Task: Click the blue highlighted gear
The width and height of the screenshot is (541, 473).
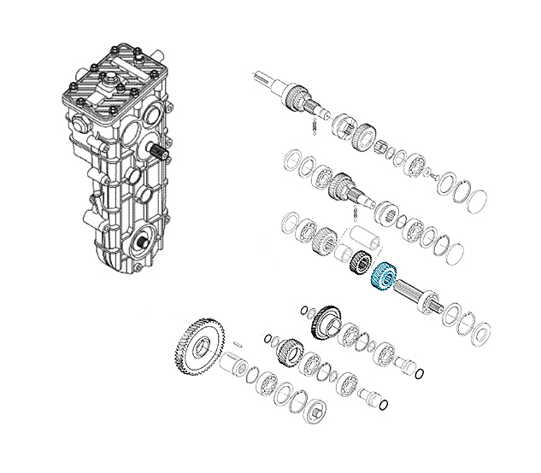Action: tap(381, 277)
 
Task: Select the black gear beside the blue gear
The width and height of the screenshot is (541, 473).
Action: tap(359, 266)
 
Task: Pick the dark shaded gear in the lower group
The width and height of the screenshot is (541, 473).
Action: tap(325, 323)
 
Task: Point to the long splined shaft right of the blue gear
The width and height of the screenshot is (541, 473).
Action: tap(420, 295)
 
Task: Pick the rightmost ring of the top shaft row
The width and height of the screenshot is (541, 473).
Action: tap(474, 197)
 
